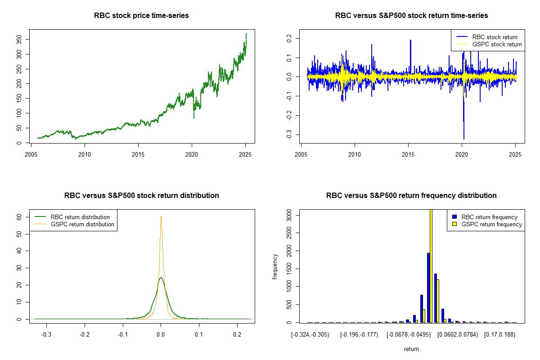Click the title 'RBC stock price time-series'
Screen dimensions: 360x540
pos(141,15)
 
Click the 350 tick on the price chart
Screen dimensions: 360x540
pos(18,40)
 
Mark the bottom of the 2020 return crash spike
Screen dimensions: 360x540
pos(463,139)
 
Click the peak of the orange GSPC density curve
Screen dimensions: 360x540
pos(161,216)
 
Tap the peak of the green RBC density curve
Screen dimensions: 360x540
pos(161,278)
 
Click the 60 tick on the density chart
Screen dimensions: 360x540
pos(18,217)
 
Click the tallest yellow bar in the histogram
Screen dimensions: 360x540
pos(431,265)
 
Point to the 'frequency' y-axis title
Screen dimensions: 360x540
pos(275,266)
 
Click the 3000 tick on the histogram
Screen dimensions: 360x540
pos(288,216)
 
